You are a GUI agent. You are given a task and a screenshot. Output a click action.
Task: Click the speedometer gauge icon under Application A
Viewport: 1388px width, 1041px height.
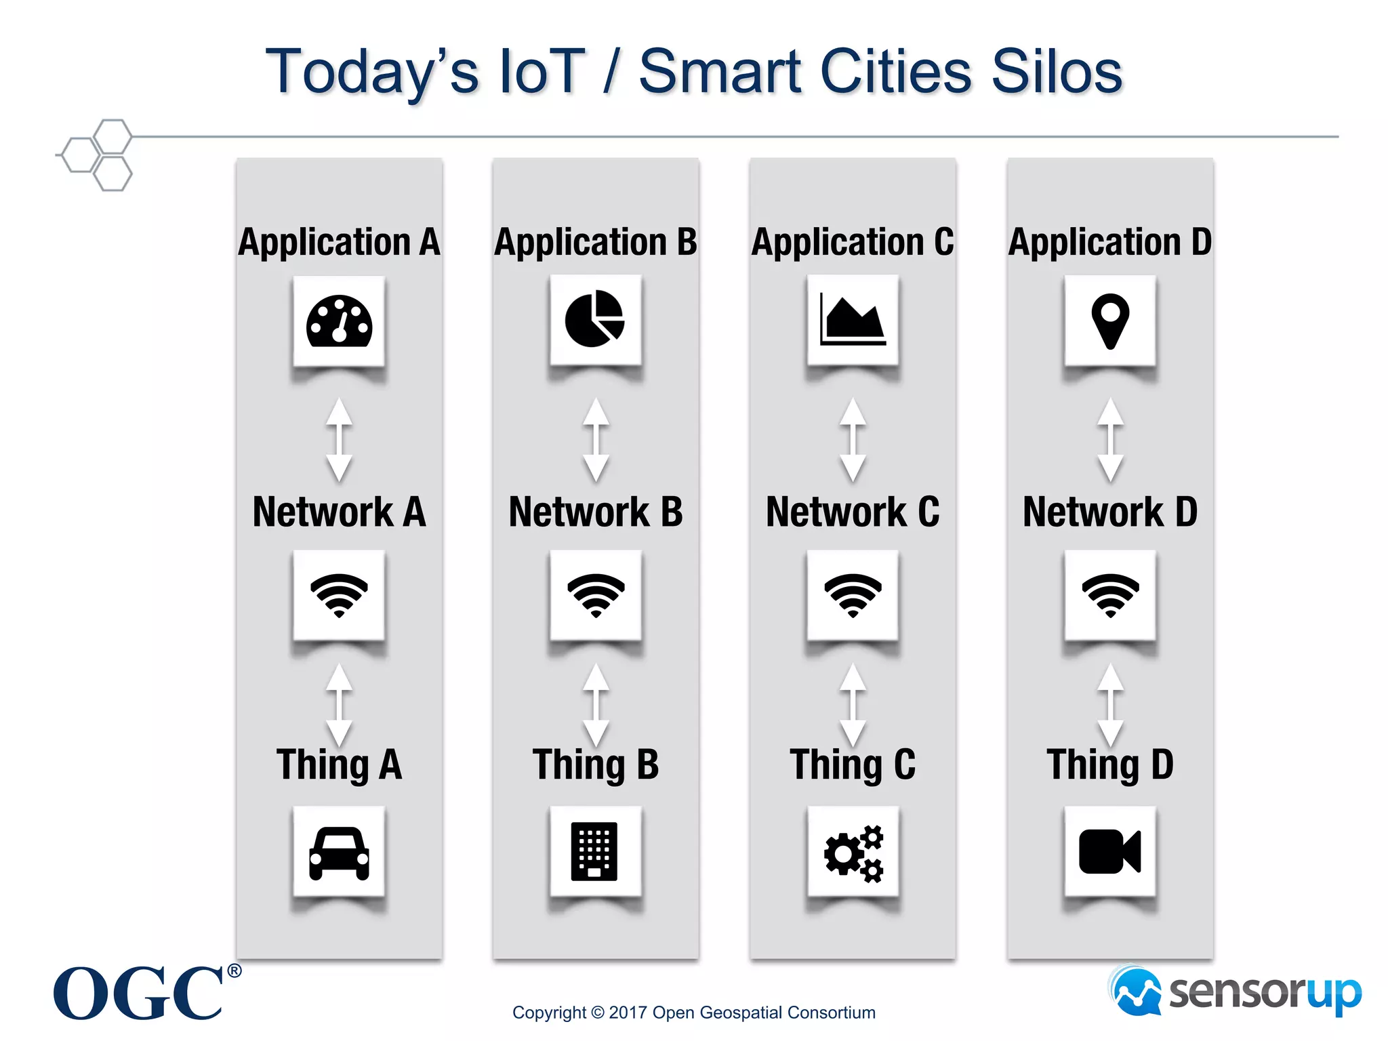[339, 321]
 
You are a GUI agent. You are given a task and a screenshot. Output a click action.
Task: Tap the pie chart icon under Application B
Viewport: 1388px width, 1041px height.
[595, 319]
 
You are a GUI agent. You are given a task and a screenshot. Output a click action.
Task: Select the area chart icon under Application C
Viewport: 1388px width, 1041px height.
[853, 320]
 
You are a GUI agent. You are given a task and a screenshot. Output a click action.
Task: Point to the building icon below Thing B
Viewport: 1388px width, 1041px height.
[594, 851]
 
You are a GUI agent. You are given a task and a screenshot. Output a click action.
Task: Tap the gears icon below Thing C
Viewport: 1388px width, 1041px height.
[853, 853]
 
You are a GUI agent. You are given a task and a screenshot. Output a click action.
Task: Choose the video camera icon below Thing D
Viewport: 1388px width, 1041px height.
[1109, 851]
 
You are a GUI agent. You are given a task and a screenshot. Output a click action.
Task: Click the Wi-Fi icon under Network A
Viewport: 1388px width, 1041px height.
[339, 595]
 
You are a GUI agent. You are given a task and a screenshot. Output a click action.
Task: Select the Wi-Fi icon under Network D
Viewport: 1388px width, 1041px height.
[1110, 595]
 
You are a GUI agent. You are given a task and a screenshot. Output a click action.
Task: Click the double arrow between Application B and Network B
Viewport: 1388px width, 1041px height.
[596, 441]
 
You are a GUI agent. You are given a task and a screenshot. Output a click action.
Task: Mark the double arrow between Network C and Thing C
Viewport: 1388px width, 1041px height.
[853, 706]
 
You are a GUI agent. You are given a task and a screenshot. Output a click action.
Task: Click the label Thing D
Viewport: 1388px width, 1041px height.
[1109, 765]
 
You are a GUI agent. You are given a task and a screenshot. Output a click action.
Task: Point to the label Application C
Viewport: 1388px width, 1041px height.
[853, 243]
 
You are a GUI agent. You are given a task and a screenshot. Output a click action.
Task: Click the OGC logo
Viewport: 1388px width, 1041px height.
[139, 994]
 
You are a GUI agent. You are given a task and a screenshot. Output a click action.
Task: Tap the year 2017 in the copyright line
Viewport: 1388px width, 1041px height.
[628, 1013]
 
